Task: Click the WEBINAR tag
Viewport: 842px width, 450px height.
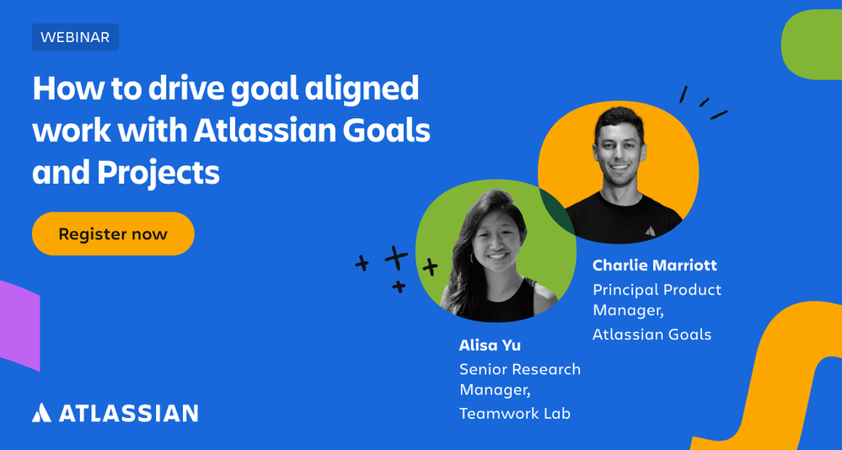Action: [75, 37]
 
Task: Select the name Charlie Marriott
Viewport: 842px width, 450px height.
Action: [654, 265]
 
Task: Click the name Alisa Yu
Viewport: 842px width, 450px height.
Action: [490, 345]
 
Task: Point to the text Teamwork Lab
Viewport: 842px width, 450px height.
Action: [514, 413]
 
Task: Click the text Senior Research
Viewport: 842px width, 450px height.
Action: [519, 369]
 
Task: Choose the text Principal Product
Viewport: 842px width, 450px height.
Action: [657, 289]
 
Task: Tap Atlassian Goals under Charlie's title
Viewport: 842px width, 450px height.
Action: [652, 334]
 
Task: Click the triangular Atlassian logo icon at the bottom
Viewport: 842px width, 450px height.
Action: [41, 413]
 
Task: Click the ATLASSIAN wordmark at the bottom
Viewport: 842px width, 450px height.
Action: [128, 413]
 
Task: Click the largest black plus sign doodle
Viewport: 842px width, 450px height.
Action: [396, 256]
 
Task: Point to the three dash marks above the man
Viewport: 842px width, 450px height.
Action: [703, 103]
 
